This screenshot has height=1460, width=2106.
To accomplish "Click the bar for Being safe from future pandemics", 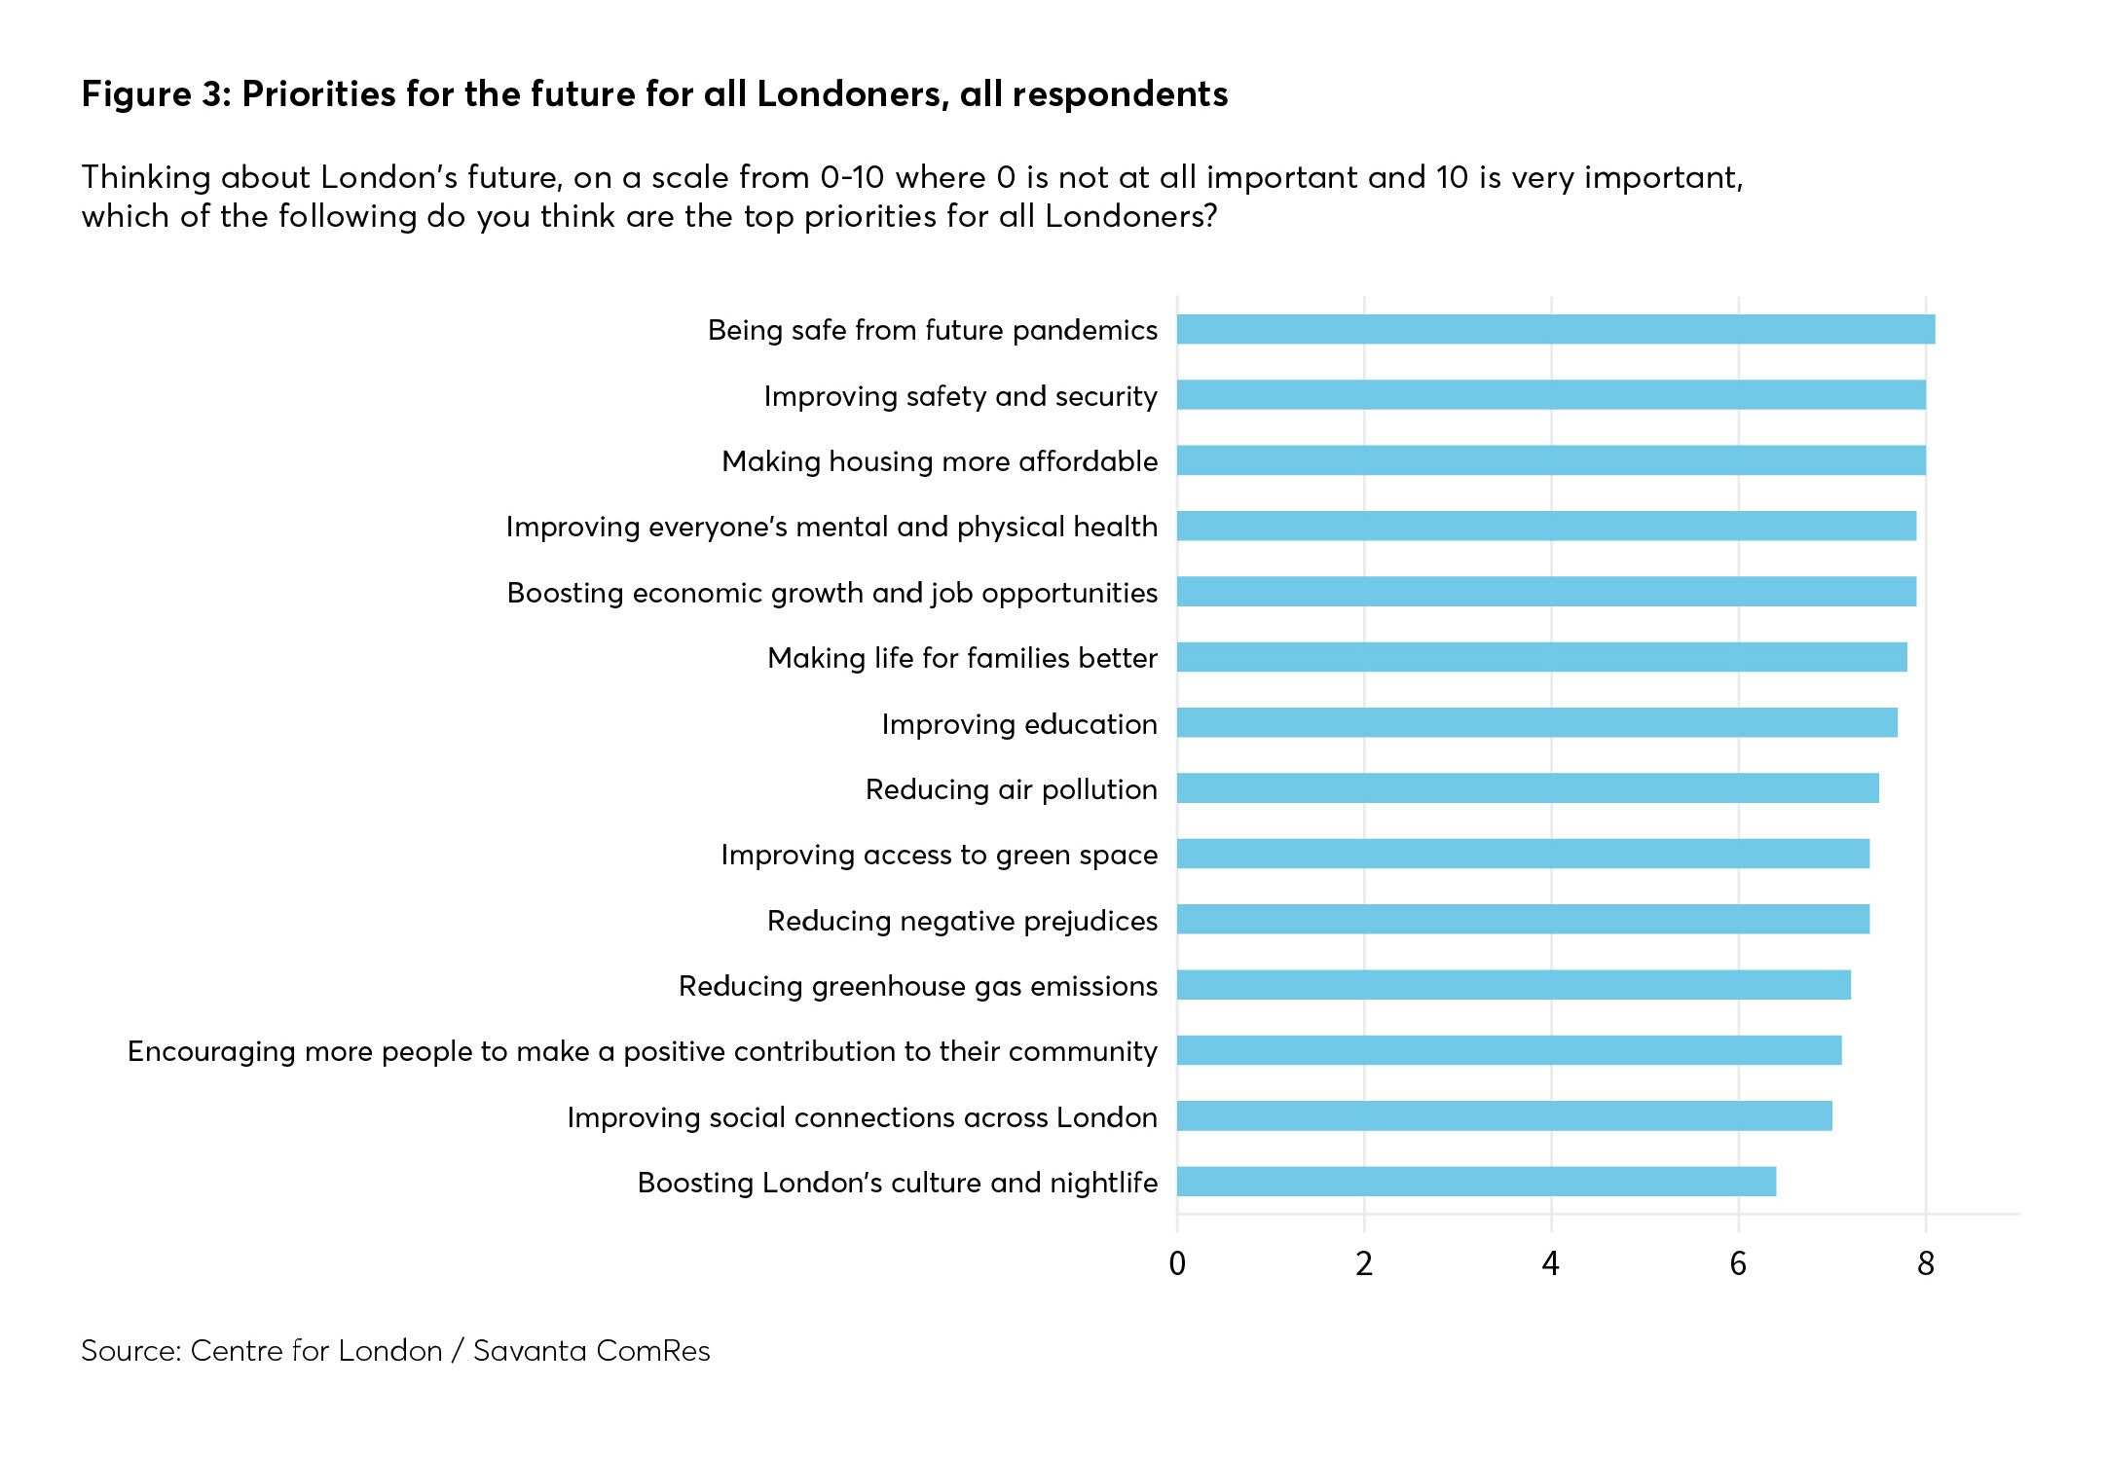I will (1555, 330).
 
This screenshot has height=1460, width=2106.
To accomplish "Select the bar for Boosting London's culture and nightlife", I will (1476, 1182).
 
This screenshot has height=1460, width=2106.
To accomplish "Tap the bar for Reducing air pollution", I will (1527, 788).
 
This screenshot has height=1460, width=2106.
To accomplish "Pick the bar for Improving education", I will (1536, 723).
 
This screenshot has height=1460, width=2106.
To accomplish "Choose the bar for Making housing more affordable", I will (1550, 460).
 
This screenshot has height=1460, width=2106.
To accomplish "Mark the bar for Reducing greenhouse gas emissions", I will (1513, 985).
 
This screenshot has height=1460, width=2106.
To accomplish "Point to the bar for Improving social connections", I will (1503, 1116).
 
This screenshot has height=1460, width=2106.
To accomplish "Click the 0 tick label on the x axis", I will (1177, 1263).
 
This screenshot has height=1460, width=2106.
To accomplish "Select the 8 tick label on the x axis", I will (1925, 1263).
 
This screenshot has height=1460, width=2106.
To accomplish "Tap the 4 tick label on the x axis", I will (1551, 1263).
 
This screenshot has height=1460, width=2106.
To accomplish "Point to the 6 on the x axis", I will (1738, 1263).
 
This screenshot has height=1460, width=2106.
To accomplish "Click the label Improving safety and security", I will (960, 396).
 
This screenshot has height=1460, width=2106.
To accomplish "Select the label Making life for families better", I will (962, 658).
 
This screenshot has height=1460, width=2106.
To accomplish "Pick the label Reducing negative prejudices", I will (962, 921).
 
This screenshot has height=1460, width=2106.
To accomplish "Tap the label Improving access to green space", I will (939, 855).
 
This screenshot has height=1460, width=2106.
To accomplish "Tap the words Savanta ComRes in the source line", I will (591, 1351).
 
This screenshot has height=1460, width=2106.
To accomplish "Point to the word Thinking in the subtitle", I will (146, 178).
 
